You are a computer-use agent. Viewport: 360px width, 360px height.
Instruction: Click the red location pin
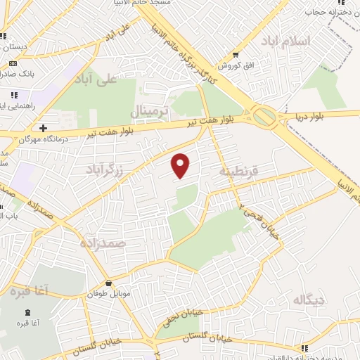[x=181, y=165]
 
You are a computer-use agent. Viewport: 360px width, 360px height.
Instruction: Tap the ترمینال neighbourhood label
[x=150, y=111]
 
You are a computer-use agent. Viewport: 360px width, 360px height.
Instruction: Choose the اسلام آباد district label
[x=285, y=40]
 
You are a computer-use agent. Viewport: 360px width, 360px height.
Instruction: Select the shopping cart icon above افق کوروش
[x=235, y=55]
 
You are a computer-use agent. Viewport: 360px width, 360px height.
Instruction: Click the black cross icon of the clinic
[x=44, y=129]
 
